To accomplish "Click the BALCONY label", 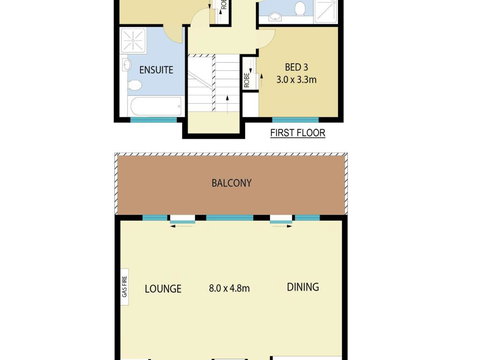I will (230, 183).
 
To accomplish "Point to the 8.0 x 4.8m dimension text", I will (228, 288).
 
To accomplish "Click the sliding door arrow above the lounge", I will (182, 226).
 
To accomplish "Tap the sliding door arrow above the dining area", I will (281, 226).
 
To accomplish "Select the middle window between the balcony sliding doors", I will (232, 217).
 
